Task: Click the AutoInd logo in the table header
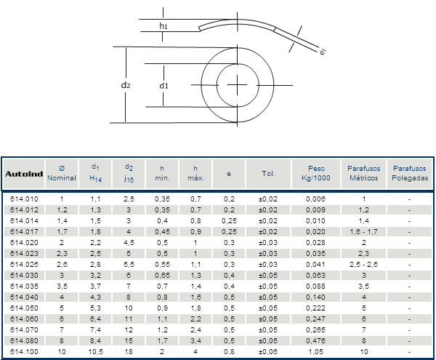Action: click(24, 174)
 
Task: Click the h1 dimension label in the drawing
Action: click(163, 26)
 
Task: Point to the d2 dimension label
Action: click(126, 85)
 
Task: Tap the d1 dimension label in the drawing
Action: click(163, 85)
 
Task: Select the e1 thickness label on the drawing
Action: click(323, 52)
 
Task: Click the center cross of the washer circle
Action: click(237, 85)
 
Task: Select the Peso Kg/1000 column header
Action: click(316, 173)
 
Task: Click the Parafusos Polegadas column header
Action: click(410, 173)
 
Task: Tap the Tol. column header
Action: click(268, 174)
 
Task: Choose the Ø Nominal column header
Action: click(62, 173)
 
